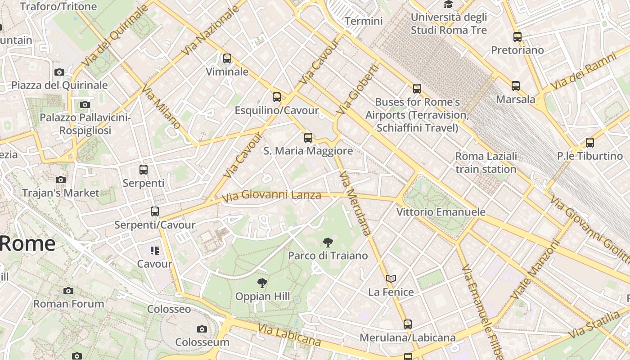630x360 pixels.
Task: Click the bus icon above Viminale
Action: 227,58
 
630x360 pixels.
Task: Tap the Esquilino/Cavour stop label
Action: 277,110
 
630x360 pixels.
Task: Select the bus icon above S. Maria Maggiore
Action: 308,138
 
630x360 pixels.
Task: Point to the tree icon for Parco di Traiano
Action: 328,243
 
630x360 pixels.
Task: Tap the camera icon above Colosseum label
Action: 202,329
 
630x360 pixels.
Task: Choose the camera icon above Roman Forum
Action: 68,291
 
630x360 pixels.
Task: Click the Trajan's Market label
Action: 61,193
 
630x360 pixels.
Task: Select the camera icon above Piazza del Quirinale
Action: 59,72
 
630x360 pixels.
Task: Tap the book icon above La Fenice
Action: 391,279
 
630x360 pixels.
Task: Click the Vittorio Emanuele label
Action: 441,212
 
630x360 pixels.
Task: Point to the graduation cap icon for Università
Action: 448,5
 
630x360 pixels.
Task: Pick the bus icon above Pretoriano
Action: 517,37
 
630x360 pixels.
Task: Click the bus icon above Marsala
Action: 516,86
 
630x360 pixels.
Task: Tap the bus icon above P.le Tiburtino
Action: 590,143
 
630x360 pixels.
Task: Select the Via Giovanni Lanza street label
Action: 272,195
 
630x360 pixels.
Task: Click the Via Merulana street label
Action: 355,203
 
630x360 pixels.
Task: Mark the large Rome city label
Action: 27,243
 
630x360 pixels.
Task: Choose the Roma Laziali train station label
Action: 486,162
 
